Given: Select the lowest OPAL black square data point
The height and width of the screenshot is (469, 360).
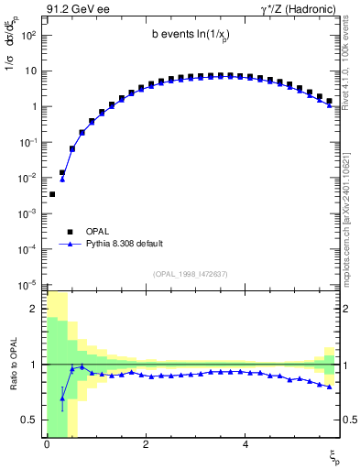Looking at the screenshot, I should click(52, 194).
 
